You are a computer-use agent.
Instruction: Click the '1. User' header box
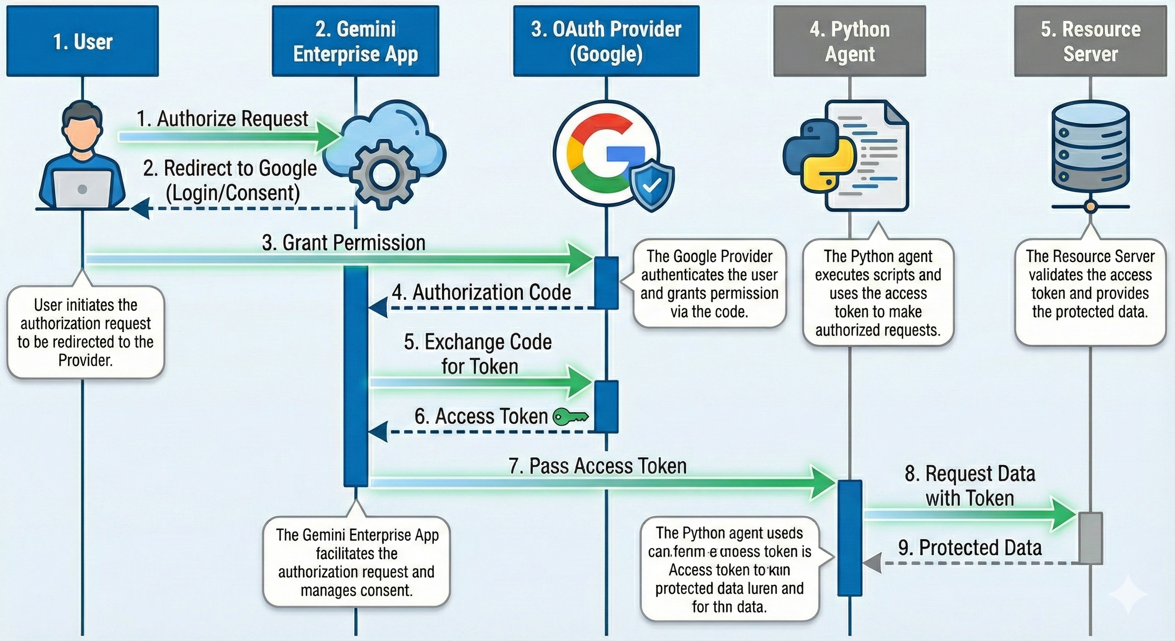pyautogui.click(x=83, y=41)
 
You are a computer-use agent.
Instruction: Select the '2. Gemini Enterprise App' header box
pyautogui.click(x=356, y=41)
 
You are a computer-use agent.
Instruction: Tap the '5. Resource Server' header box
pyautogui.click(x=1090, y=41)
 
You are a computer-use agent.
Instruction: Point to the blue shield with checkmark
pyautogui.click(x=652, y=185)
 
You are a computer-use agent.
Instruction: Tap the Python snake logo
pyautogui.click(x=819, y=155)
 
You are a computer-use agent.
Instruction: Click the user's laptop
pyautogui.click(x=83, y=189)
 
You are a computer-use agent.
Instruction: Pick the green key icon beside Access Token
pyautogui.click(x=570, y=416)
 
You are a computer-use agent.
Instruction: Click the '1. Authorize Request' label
pyautogui.click(x=222, y=119)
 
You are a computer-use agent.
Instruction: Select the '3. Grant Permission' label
pyautogui.click(x=343, y=243)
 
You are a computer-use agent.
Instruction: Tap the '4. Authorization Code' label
pyautogui.click(x=481, y=293)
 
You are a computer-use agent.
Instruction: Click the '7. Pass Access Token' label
pyautogui.click(x=598, y=466)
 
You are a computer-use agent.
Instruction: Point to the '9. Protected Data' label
pyautogui.click(x=970, y=548)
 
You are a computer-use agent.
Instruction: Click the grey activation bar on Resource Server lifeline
pyautogui.click(x=1090, y=538)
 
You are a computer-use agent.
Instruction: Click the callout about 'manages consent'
pyautogui.click(x=356, y=562)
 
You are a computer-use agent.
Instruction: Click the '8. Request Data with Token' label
pyautogui.click(x=970, y=486)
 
